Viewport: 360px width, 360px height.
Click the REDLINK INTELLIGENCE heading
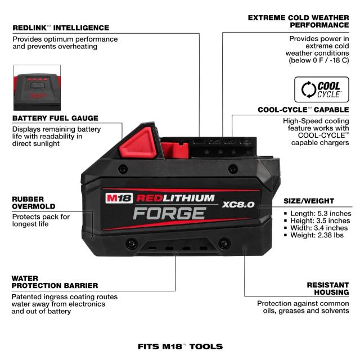61,28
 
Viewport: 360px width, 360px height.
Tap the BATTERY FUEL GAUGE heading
55,118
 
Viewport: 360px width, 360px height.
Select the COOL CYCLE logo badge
321,89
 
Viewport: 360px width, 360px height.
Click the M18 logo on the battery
119,198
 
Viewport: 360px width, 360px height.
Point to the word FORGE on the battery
170,213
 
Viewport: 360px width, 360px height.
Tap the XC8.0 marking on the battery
238,204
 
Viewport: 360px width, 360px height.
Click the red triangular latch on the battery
138,143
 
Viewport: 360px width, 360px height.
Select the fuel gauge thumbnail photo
37,88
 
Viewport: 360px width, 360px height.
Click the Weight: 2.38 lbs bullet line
314,235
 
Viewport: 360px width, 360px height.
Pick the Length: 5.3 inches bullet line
317,214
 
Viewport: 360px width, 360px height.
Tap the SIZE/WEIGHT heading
309,201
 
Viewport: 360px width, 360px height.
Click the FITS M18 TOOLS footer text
180,346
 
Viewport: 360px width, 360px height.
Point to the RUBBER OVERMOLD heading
34,202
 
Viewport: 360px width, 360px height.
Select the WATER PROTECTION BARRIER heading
55,282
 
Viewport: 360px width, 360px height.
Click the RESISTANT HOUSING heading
328,289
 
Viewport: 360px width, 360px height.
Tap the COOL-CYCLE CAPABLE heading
303,110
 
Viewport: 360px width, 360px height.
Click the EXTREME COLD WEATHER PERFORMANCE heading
299,21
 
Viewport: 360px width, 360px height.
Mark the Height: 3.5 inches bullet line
317,220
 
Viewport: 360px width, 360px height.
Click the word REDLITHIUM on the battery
175,198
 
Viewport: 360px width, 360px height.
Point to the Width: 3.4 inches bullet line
316,228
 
